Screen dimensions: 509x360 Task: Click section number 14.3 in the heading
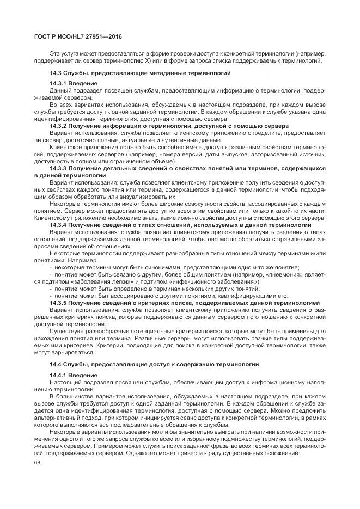57,72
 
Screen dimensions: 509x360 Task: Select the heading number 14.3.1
59,83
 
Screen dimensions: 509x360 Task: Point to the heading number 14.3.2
59,125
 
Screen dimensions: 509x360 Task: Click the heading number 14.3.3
59,168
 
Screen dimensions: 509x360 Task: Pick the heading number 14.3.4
59,224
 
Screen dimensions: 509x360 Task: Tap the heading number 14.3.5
59,302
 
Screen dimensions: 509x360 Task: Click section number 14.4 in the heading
57,364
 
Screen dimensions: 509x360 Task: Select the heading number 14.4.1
59,375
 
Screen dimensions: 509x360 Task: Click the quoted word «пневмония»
290,274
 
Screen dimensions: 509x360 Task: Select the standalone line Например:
64,260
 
